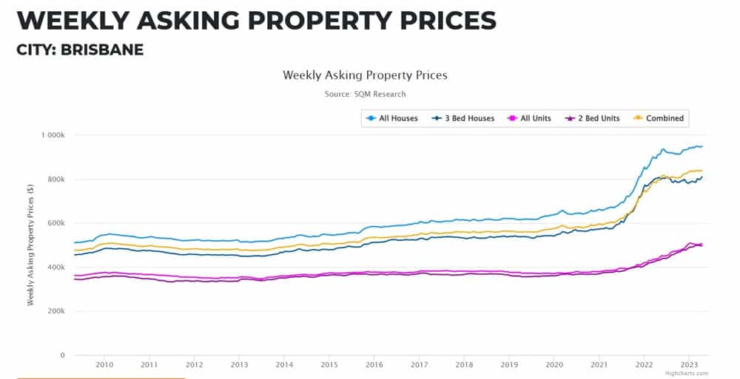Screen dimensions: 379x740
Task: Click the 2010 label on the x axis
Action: point(104,364)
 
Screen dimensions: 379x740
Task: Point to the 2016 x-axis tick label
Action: point(374,364)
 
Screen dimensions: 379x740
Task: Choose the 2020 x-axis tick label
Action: point(554,364)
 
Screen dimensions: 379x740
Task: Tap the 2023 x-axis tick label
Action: point(689,364)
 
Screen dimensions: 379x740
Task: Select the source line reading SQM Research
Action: point(365,94)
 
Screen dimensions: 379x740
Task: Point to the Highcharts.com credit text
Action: point(687,374)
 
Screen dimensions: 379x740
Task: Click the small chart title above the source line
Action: point(365,75)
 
